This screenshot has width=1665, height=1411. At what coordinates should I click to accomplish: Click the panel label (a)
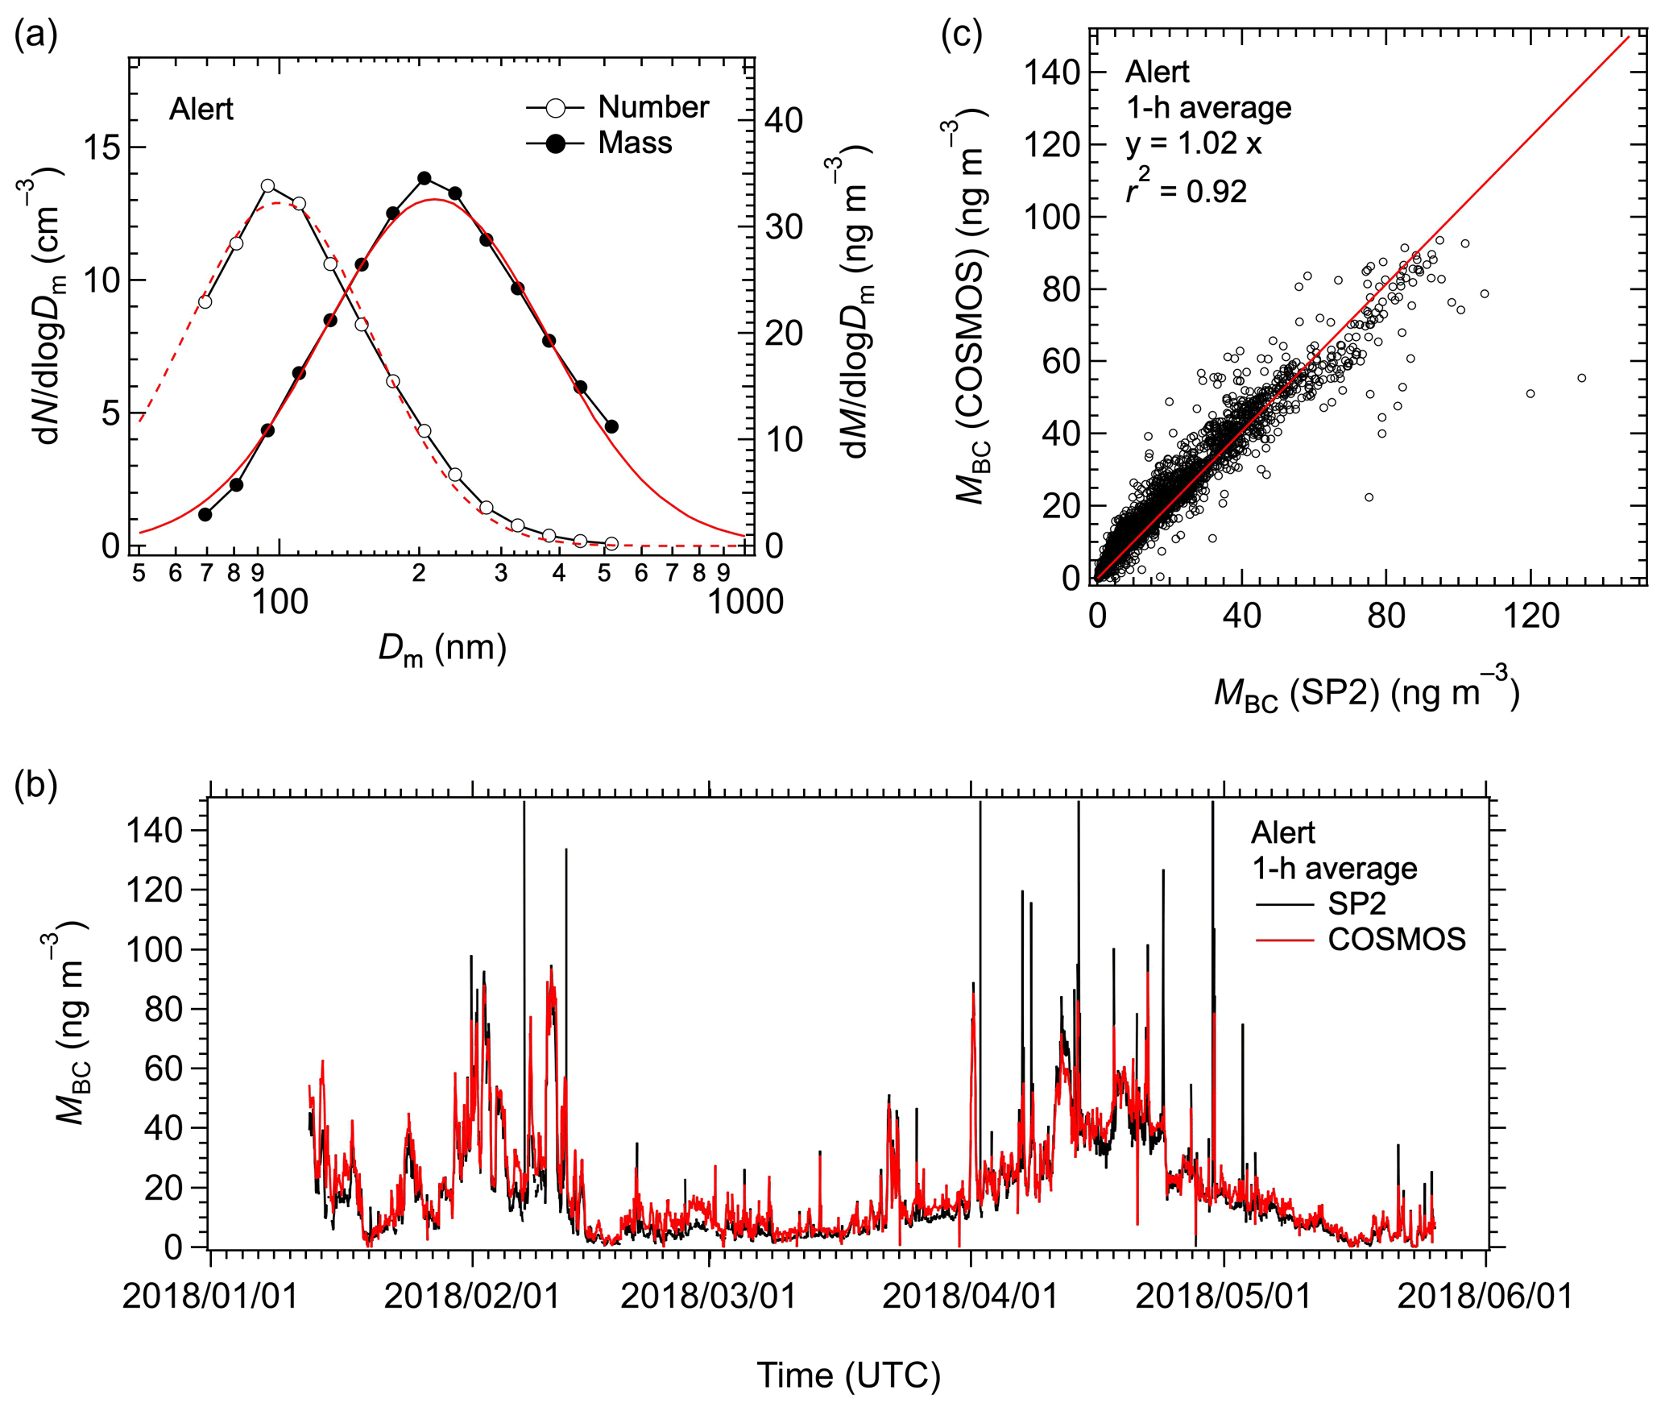tap(35, 36)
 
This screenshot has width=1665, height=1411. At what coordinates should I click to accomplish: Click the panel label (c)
tap(962, 36)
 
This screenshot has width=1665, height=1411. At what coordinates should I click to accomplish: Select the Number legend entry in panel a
tap(652, 107)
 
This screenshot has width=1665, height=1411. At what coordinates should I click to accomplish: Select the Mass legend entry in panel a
tap(634, 143)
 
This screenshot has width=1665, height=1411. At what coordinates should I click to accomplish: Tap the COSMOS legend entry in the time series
tap(1396, 940)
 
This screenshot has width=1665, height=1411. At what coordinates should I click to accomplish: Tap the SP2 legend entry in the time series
tap(1356, 904)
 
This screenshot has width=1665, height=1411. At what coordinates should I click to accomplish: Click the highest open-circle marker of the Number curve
tap(268, 186)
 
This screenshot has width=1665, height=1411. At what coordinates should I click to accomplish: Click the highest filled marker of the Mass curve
tap(425, 178)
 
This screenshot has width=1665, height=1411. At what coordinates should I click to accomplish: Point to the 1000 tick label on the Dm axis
tap(745, 602)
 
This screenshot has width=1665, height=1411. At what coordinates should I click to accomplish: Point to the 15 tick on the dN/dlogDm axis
tap(103, 147)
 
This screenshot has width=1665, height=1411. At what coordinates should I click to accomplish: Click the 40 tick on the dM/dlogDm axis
tap(784, 121)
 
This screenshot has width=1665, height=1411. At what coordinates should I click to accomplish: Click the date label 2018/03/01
tap(709, 1297)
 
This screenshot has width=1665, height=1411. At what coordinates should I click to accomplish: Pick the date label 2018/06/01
tap(1485, 1297)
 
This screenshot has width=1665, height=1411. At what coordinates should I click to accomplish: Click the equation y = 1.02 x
tap(1193, 143)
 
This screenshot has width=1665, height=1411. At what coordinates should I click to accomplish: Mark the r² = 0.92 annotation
tap(1186, 190)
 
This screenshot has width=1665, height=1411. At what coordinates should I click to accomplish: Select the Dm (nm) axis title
tap(442, 649)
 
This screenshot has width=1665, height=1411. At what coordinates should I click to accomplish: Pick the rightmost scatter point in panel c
tap(1581, 378)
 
